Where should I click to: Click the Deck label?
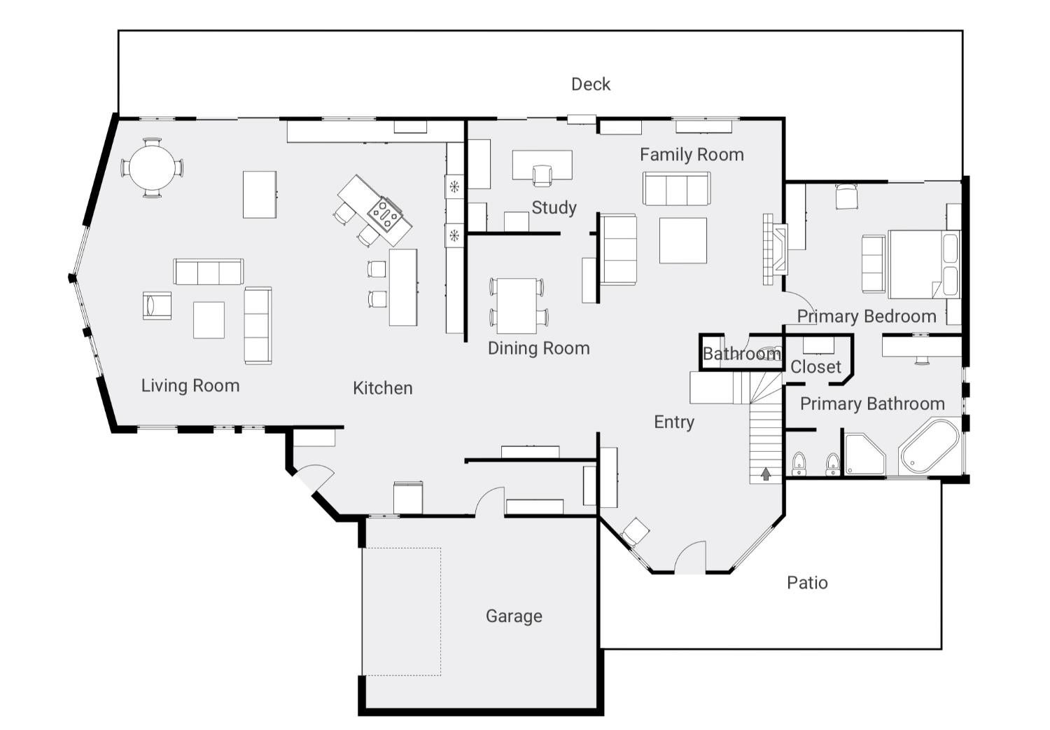pos(591,85)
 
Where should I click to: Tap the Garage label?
pos(514,616)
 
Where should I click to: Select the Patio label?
pos(807,583)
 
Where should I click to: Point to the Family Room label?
pos(692,154)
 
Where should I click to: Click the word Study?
pos(554,207)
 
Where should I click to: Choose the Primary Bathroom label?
pos(872,404)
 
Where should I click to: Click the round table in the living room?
pos(152,167)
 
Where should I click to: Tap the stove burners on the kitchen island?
pos(385,215)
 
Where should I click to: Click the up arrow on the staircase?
pos(766,474)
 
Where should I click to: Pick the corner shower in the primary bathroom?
pos(864,454)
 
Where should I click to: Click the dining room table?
pos(517,305)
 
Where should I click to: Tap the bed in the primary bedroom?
pos(923,264)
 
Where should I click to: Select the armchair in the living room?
pos(157,305)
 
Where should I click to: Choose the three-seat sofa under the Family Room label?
pos(676,188)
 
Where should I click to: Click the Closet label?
pos(815,366)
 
